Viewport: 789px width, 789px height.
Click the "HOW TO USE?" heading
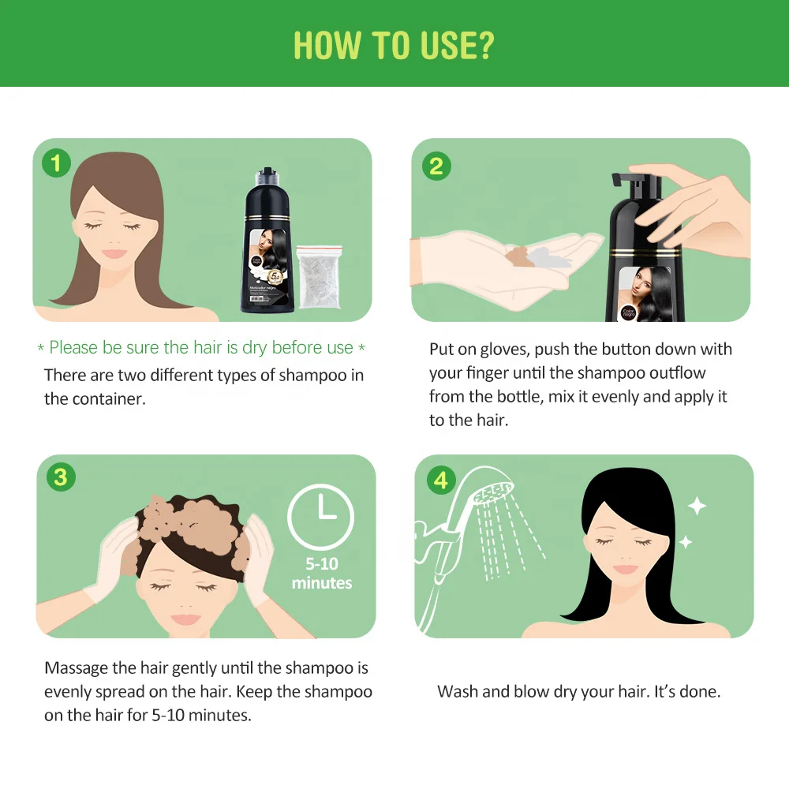click(x=394, y=45)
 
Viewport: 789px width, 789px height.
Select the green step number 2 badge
click(x=436, y=166)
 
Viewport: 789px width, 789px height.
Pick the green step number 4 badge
click(x=440, y=480)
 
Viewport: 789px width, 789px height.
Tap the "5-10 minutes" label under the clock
click(x=321, y=574)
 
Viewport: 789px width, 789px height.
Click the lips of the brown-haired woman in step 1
click(x=115, y=253)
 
